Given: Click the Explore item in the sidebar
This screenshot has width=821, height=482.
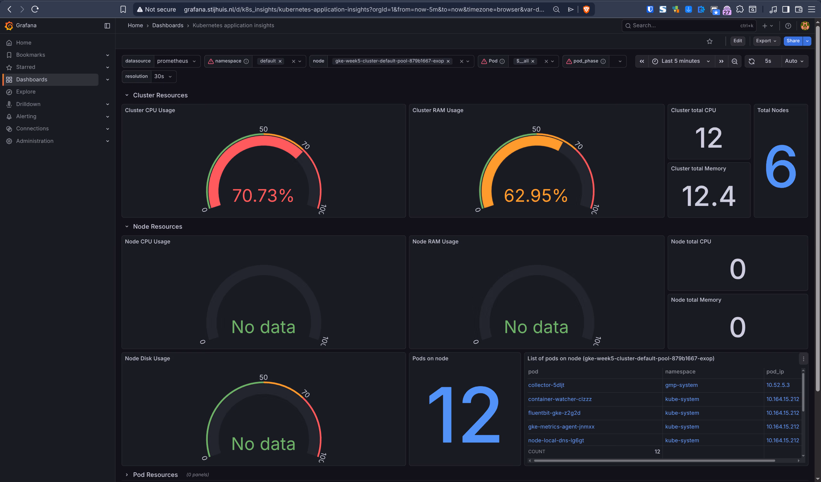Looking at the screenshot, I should [x=26, y=92].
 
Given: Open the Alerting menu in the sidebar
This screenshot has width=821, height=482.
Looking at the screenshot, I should [x=26, y=116].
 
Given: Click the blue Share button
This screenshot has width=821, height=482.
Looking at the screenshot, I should [x=793, y=41].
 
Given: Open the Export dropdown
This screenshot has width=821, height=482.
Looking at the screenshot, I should [x=766, y=41].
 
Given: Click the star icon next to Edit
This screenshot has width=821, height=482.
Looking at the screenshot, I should [x=710, y=41].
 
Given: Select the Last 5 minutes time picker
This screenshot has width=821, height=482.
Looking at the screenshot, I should [x=680, y=61].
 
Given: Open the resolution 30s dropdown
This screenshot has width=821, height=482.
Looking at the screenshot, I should [x=163, y=77].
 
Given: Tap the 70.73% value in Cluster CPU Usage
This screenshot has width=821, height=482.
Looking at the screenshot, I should [x=263, y=196].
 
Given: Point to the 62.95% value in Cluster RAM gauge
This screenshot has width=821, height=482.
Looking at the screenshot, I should [x=536, y=196].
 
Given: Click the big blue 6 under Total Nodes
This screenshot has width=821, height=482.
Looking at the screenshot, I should [x=781, y=167].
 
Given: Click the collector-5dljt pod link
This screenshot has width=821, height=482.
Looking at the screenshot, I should [x=546, y=385].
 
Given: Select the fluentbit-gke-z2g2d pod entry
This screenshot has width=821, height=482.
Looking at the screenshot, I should [x=554, y=413].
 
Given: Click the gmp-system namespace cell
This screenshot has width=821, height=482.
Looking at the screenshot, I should [x=681, y=385].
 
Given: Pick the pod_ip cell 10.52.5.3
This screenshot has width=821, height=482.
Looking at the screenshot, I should [x=778, y=385].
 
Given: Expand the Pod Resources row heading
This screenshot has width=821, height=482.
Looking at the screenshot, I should [x=155, y=475].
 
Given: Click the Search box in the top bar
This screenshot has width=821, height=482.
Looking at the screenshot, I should [x=684, y=25].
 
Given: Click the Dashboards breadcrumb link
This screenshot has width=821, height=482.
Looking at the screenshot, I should [x=167, y=25].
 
